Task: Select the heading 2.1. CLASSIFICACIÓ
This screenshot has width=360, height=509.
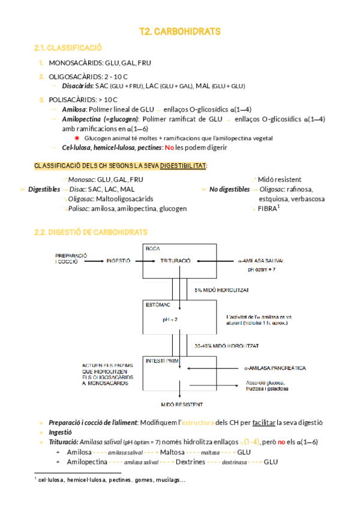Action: coord(68,47)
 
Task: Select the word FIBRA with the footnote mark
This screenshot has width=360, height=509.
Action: coord(268,209)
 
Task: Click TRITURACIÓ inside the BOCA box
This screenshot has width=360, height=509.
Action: coord(175,261)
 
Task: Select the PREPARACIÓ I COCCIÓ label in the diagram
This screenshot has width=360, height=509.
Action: coord(71,259)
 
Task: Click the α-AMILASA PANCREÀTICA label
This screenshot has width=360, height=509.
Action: coord(275,368)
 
